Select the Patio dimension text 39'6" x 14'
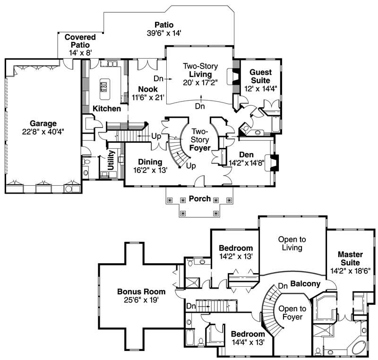pos(164,33)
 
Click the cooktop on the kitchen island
pos(103,87)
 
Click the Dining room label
pos(150,162)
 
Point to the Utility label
pos(111,161)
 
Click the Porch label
pos(199,198)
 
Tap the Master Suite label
pos(351,258)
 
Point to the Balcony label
pos(305,284)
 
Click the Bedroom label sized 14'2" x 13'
pos(236,248)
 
